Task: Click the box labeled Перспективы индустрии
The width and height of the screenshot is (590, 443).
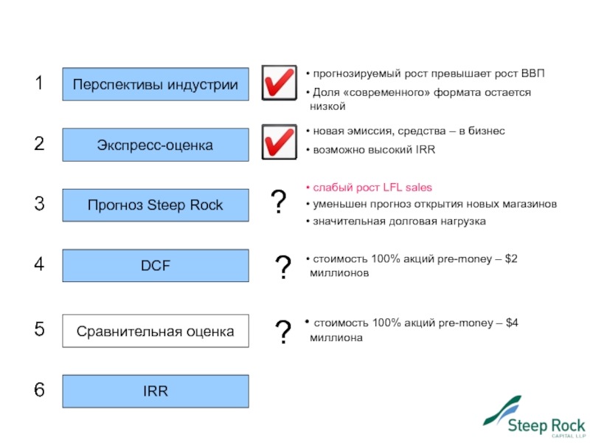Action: click(x=155, y=84)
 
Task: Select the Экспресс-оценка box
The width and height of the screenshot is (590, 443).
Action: click(x=155, y=145)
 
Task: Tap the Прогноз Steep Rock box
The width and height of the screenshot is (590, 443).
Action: click(x=155, y=205)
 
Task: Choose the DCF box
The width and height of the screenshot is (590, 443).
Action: click(x=155, y=266)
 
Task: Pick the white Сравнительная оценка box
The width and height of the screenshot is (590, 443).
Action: click(x=155, y=332)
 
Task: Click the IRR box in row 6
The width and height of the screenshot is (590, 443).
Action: click(x=155, y=391)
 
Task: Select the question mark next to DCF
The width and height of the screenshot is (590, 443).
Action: click(x=282, y=267)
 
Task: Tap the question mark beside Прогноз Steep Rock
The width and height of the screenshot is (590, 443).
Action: click(x=279, y=202)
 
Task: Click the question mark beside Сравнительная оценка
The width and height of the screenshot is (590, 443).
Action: click(x=282, y=332)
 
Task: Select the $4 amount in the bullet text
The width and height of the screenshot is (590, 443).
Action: click(x=511, y=323)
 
